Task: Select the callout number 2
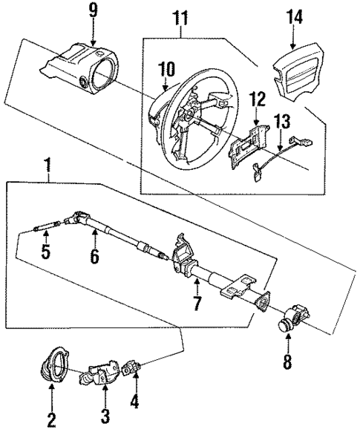coord(51,420)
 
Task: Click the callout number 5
coord(45,252)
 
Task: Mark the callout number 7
coord(197,304)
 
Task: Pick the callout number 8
coord(289,363)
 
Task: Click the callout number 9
coord(93,10)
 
